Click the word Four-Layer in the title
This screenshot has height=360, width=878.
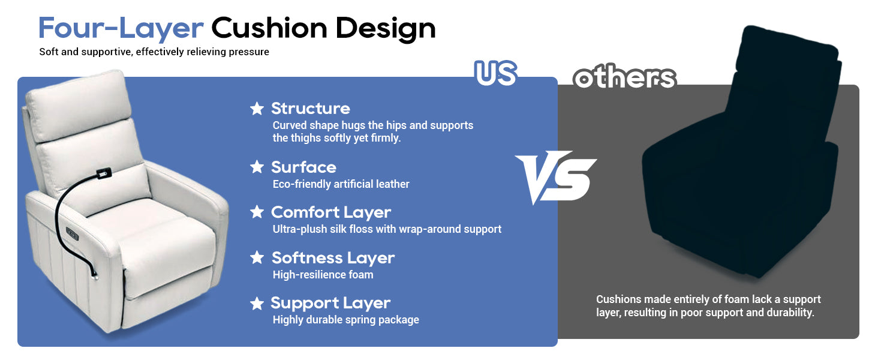121,29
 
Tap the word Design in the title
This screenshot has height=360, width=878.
386,29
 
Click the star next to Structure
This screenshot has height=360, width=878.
257,108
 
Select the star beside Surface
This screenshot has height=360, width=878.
257,167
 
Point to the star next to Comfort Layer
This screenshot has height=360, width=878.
257,212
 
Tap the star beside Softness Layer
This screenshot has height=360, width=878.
257,257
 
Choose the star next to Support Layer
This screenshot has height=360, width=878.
257,303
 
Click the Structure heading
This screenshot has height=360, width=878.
311,108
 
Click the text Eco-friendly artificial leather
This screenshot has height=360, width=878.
341,184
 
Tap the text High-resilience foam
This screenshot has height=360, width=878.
323,275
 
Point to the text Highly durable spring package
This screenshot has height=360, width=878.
345,320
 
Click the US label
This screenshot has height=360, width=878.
496,73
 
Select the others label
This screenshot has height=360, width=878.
624,78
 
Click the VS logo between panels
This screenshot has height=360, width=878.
555,177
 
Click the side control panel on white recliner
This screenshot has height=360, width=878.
72,234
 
